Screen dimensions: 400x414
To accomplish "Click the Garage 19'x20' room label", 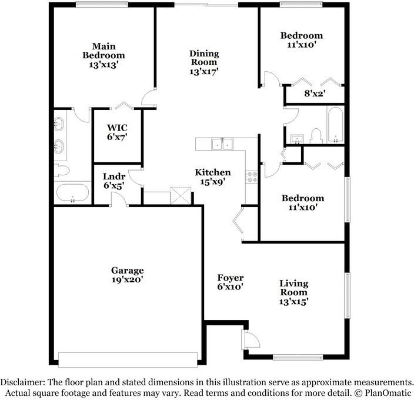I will pos(127,275).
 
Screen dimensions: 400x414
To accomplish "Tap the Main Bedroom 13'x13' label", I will pos(103,55).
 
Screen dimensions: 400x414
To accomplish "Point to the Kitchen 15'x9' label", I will pos(213,177).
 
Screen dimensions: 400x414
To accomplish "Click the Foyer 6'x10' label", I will pos(230,282).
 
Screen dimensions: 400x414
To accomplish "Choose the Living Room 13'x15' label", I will pos(293,292).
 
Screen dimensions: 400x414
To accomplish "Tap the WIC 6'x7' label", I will pos(117,132).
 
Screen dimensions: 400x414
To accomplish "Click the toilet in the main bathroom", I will pos(61,171).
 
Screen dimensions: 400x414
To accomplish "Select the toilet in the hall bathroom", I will pos(316,136).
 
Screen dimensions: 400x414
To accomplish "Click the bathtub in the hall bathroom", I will pos(335,126).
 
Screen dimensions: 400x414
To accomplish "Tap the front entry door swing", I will pos(250,339).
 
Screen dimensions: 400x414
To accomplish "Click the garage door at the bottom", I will pos(128,359).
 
